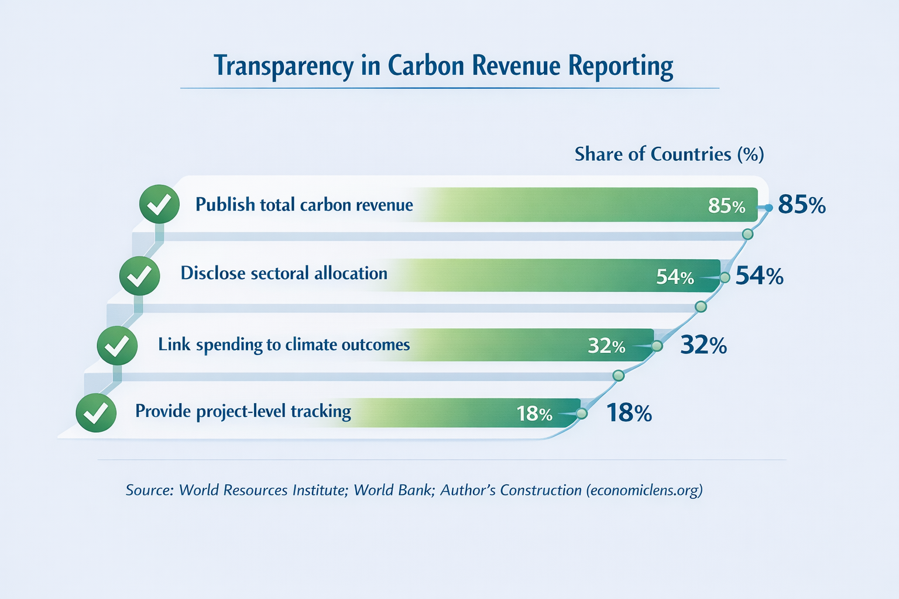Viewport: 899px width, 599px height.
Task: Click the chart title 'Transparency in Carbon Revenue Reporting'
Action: (443, 66)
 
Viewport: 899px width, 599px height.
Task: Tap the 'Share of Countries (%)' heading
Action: (669, 154)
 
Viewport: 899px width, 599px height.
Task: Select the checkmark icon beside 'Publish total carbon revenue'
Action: (159, 204)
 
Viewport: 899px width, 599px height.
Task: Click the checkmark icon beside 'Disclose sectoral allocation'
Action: (139, 276)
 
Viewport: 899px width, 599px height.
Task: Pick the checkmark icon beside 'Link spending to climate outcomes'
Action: (117, 346)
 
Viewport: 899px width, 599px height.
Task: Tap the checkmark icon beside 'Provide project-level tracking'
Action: (96, 412)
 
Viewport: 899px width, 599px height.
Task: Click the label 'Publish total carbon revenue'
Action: (304, 205)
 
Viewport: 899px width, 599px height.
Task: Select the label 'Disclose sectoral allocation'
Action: (284, 273)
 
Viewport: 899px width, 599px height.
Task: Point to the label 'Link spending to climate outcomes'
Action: (284, 345)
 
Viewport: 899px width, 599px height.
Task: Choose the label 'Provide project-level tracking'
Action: (243, 411)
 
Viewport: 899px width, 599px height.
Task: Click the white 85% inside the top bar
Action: (726, 206)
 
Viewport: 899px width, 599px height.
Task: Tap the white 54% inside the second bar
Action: (674, 277)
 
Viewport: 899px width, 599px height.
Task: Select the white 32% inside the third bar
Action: (606, 346)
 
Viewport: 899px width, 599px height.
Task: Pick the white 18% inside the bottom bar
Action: (534, 414)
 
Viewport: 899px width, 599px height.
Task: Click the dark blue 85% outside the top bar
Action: (802, 205)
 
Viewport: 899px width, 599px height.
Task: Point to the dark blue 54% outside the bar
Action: (759, 276)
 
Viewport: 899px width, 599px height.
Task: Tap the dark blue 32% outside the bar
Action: (704, 346)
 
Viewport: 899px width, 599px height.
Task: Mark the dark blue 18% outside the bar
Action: (629, 414)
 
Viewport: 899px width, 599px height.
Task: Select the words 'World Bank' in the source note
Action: (392, 490)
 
